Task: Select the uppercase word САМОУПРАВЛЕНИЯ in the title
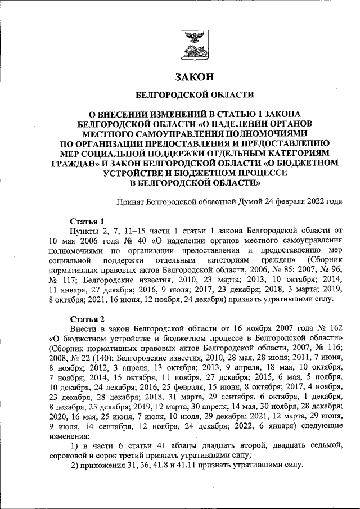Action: (187, 133)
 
